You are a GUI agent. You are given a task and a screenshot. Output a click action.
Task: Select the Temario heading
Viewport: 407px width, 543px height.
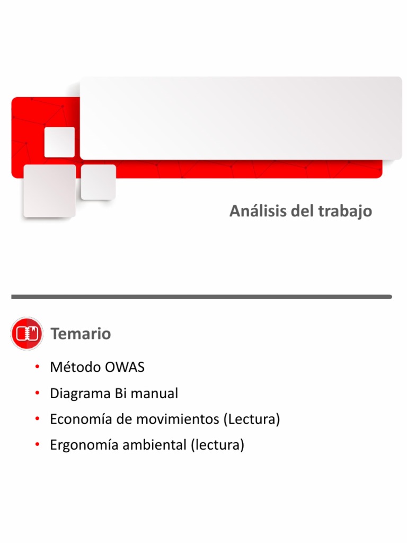pos(81,334)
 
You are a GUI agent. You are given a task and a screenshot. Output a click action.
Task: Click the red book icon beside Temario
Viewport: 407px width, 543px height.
pos(26,334)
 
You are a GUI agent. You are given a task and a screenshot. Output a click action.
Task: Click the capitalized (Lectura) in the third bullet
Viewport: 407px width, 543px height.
pos(251,419)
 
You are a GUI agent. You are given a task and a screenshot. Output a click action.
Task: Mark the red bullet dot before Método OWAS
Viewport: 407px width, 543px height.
pos(38,367)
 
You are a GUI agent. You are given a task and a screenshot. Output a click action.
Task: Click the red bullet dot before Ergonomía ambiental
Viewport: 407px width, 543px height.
pos(38,445)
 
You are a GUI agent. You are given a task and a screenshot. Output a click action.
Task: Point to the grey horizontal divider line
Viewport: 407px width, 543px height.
pos(201,297)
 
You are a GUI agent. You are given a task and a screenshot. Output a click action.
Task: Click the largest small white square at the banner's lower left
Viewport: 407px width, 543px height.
pos(49,190)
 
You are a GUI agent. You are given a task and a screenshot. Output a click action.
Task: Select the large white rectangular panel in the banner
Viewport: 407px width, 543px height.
pos(241,118)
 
